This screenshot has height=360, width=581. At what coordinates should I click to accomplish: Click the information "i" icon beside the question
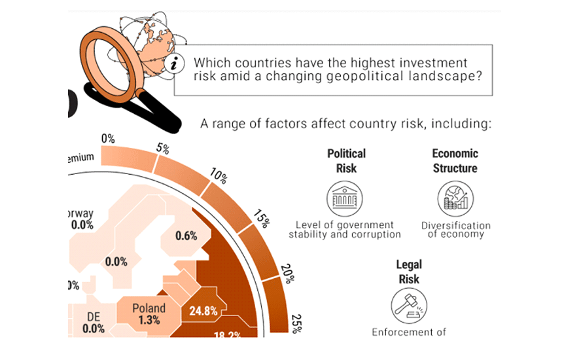(x=174, y=63)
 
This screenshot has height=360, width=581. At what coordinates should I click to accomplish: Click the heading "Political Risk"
(x=346, y=160)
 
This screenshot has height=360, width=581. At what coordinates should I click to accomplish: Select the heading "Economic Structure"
(x=455, y=160)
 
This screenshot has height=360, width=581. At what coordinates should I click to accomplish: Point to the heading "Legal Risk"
(x=409, y=272)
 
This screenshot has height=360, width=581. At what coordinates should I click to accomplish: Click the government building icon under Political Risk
(x=344, y=199)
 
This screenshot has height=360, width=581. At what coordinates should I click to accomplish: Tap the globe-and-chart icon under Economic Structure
(x=455, y=199)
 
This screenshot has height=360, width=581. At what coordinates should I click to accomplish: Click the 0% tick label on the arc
(x=108, y=139)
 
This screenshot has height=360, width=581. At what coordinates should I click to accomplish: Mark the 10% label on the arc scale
(x=219, y=176)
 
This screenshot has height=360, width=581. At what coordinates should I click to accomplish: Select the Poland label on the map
(x=149, y=308)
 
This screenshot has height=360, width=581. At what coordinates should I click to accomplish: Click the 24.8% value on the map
(x=203, y=311)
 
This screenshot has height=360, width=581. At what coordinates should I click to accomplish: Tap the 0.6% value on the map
(x=186, y=236)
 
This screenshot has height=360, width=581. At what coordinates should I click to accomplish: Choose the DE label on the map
(x=94, y=317)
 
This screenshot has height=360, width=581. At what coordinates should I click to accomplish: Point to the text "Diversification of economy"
(x=455, y=230)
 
